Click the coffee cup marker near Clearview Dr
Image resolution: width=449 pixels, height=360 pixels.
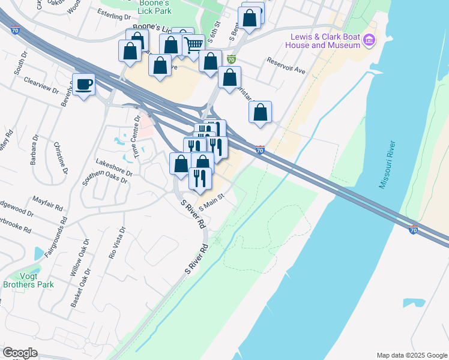83,84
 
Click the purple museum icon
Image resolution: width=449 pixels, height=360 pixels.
370,41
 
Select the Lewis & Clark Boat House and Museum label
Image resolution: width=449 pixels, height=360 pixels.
322,41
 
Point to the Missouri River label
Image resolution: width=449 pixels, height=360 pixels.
388,165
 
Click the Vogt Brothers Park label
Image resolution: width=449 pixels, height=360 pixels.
28,280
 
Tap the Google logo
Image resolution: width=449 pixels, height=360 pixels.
20,353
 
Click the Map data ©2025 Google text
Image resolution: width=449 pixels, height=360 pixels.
411,355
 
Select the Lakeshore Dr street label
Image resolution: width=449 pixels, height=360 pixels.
113,166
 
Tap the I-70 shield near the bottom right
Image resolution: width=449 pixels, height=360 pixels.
413,229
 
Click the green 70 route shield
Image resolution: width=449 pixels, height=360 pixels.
231,59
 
